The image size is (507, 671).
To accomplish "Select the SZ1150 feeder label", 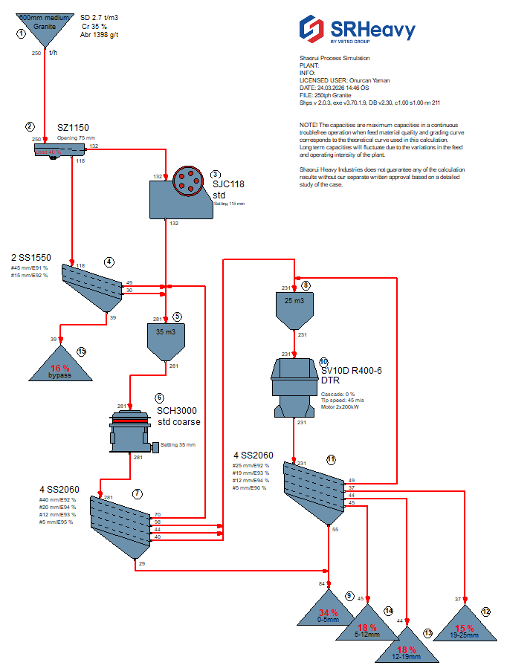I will coord(73,128).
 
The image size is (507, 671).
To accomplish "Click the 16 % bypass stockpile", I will coord(60,367).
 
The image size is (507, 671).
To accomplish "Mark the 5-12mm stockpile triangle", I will coord(367,626).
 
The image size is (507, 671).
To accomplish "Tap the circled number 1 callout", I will coord(21,33).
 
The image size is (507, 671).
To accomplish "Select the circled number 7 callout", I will coord(136,494).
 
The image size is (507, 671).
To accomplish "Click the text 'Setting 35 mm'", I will coord(178,444).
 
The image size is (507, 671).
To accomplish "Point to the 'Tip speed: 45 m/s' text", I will coord(341,400).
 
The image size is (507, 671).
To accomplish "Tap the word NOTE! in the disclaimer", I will coord(309,125).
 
